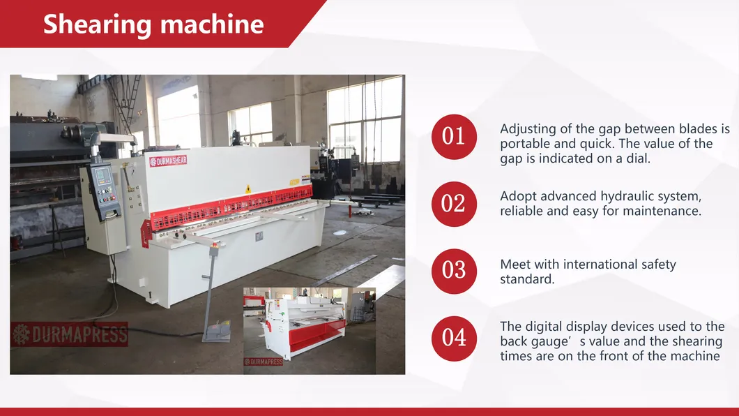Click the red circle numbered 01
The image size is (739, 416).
[x=454, y=136]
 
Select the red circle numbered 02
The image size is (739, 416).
[x=454, y=204]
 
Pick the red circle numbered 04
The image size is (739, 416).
[x=454, y=338]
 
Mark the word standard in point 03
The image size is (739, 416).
[x=526, y=279]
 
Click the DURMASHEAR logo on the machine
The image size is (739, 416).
[x=168, y=161]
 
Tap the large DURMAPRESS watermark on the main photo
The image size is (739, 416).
[x=69, y=334]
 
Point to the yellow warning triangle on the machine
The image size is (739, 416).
[x=247, y=189]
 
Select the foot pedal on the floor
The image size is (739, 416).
[x=216, y=331]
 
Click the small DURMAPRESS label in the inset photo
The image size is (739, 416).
[x=263, y=362]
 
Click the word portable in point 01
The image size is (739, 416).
[x=522, y=144]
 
